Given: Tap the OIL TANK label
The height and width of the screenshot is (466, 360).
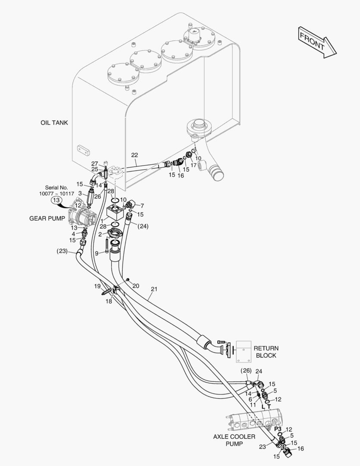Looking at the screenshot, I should click(x=54, y=123).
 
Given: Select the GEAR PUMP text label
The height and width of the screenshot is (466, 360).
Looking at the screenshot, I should click(x=47, y=218).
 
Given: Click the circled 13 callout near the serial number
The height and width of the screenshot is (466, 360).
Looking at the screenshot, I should click(x=56, y=200).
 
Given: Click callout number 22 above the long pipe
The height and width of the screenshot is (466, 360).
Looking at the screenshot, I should click(x=135, y=155).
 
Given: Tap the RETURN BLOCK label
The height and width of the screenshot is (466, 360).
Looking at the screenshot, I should click(x=266, y=352).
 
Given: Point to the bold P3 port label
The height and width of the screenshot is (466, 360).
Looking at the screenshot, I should click(x=278, y=429).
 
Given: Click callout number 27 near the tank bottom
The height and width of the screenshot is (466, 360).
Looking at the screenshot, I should click(x=95, y=164).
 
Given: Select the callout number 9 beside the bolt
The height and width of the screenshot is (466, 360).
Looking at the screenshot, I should click(x=97, y=253).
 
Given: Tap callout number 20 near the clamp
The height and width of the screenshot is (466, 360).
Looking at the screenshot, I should click(x=136, y=286).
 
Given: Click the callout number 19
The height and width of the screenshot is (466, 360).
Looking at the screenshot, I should click(x=98, y=286).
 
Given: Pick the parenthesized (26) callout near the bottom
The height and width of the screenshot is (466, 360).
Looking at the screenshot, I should click(x=246, y=371).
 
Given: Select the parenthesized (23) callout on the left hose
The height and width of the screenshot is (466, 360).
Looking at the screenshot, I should click(x=62, y=251).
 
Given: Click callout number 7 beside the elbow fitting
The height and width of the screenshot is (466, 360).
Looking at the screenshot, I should click(x=142, y=205).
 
